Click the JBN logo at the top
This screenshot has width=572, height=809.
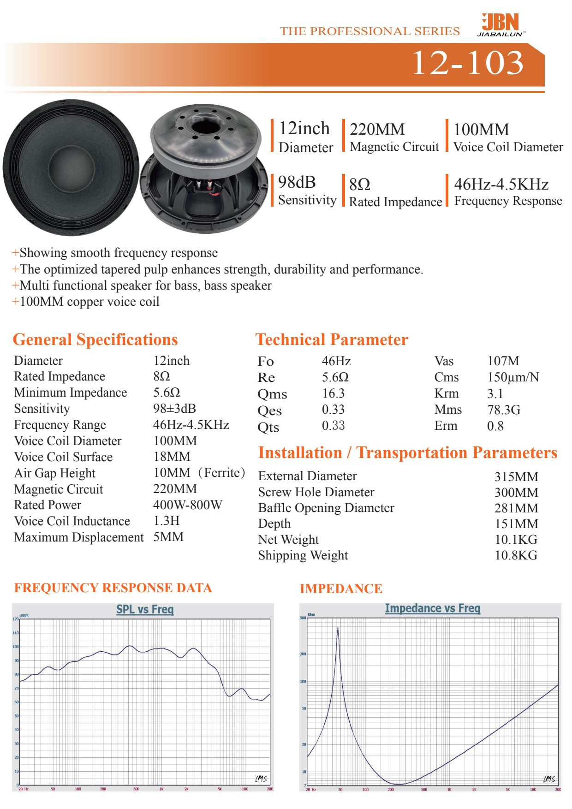coord(500,24)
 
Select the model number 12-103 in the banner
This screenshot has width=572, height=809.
coord(467,63)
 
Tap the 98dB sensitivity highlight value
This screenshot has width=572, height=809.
coord(297,183)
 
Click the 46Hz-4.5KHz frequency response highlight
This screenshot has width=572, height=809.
coord(501,184)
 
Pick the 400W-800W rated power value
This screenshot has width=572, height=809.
coord(187,505)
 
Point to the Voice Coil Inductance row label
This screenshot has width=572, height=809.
coord(72,521)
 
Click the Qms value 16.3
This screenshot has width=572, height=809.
coord(333,393)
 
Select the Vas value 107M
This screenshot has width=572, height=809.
coord(503,361)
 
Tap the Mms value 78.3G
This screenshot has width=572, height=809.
coord(503,410)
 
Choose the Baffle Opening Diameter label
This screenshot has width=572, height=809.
coord(326,508)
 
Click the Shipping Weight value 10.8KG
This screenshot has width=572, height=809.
coord(516,555)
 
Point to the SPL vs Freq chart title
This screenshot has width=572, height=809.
coord(145,609)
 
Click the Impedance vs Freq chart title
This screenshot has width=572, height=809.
coord(432,608)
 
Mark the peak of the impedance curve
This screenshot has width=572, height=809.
coord(338,628)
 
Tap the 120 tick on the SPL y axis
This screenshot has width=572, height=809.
coord(16,619)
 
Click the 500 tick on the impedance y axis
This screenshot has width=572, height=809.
coord(303,618)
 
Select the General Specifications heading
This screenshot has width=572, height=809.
coord(95,340)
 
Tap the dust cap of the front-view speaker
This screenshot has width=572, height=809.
coord(70,166)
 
